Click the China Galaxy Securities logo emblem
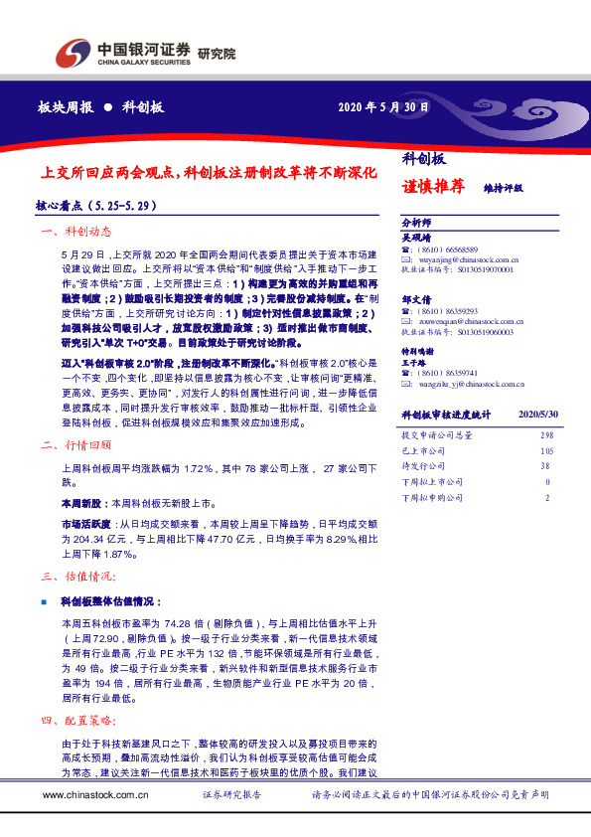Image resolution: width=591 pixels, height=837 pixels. tap(70, 52)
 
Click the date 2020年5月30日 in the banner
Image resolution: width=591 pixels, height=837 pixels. tap(383, 106)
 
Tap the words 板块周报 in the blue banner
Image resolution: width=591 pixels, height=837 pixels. tap(65, 106)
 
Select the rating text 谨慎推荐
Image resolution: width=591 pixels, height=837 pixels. tap(434, 185)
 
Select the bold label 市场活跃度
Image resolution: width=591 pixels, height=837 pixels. tap(88, 521)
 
